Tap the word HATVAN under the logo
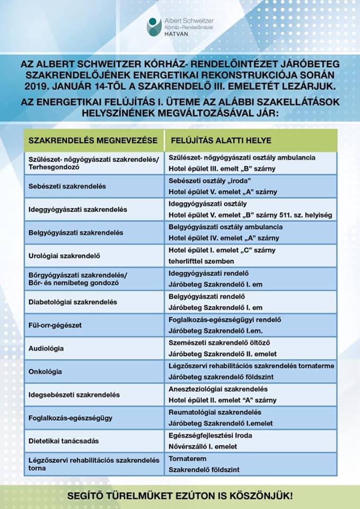pyautogui.click(x=179, y=33)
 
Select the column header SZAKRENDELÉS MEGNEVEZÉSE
pyautogui.click(x=93, y=141)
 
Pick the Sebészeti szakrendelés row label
pyautogui.click(x=67, y=186)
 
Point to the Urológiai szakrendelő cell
pyautogui.click(x=64, y=256)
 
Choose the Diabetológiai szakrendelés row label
pyautogui.click(x=73, y=302)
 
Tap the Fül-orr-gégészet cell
pyautogui.click(x=55, y=325)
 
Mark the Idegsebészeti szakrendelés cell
pyautogui.click(x=74, y=394)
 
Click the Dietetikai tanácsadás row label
pyautogui.click(x=64, y=441)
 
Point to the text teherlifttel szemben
pyautogui.click(x=204, y=261)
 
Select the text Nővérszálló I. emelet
pyautogui.click(x=203, y=446)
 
